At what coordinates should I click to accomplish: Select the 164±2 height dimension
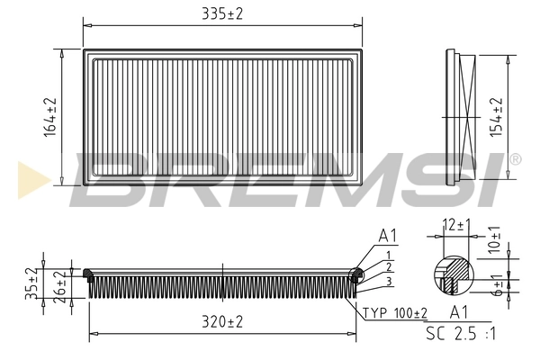tap(50, 117)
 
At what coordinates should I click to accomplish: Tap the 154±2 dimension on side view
tap(494, 116)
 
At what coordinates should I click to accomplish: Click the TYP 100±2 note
tap(396, 312)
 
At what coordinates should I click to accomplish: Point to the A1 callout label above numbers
tap(388, 237)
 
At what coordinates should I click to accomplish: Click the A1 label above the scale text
tap(458, 313)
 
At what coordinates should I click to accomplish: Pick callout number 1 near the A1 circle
tap(387, 255)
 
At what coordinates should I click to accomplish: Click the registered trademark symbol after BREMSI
tap(514, 159)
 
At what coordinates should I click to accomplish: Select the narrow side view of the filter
tap(463, 117)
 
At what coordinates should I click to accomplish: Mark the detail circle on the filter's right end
tap(356, 274)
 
